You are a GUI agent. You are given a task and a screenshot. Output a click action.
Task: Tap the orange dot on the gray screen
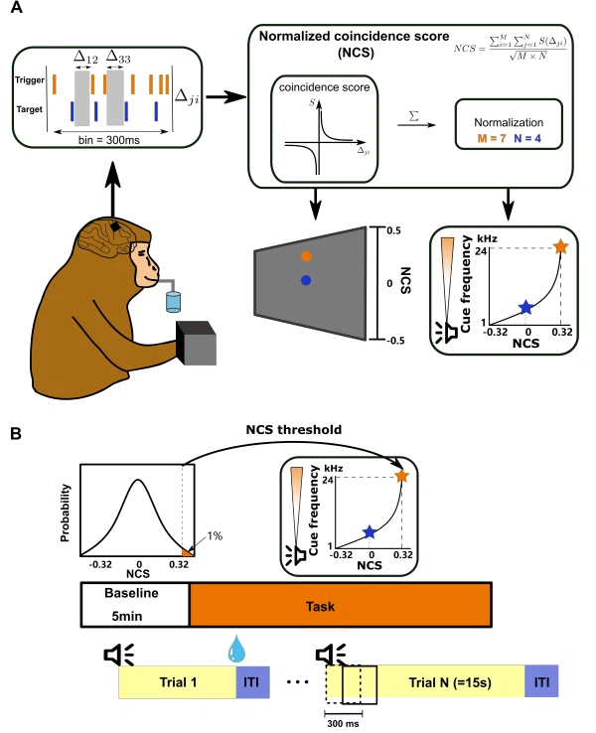[x=307, y=255]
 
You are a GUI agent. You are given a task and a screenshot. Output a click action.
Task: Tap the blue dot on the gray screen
[x=307, y=281]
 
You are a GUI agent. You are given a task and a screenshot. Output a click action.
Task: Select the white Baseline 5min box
[x=134, y=603]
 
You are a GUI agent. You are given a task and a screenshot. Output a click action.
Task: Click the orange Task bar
[x=340, y=603]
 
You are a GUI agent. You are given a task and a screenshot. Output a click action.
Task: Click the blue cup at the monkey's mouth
[x=175, y=301]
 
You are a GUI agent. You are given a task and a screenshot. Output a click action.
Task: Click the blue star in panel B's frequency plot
[x=370, y=533]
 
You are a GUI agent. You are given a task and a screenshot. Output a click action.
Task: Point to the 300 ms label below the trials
[x=344, y=724]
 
